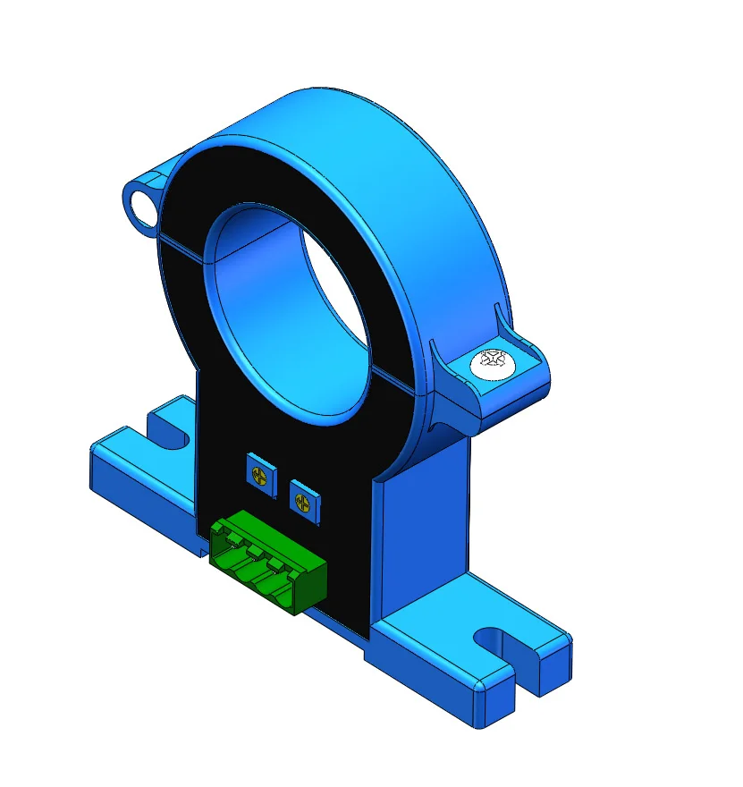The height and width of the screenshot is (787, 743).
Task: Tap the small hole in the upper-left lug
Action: pos(140,202)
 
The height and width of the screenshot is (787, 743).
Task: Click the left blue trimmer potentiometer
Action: pos(259,468)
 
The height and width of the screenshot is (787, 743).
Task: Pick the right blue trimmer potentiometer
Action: pos(305,496)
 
